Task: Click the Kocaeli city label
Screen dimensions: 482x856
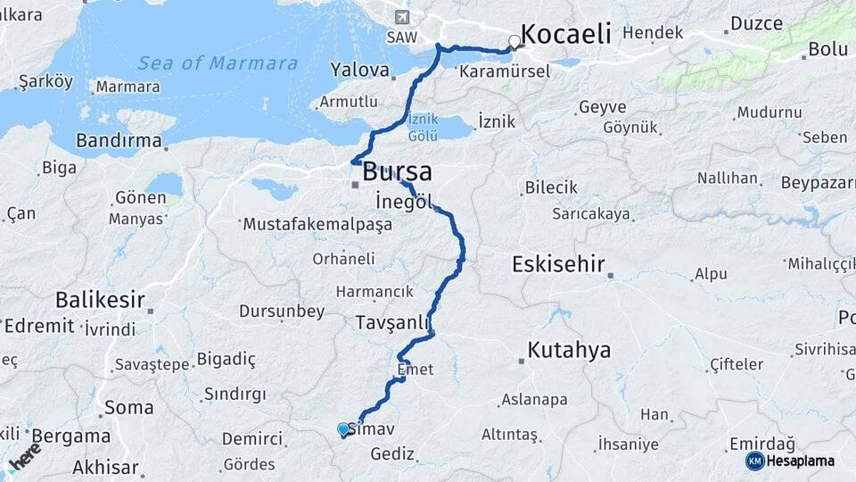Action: click(x=565, y=35)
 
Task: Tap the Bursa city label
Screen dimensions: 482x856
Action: click(x=397, y=171)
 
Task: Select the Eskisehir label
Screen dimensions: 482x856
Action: click(x=558, y=264)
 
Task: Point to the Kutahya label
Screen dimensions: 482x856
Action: click(x=569, y=350)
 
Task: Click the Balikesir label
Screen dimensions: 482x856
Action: click(x=100, y=299)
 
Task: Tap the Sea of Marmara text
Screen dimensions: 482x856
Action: click(x=218, y=63)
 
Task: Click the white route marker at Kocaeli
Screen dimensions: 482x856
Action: click(x=514, y=41)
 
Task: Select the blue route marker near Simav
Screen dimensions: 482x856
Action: click(x=343, y=429)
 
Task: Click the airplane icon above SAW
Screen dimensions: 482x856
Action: click(x=401, y=18)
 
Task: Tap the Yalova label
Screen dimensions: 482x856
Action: click(x=359, y=70)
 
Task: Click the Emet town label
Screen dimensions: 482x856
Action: click(x=415, y=369)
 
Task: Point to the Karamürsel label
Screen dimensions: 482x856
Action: click(x=505, y=71)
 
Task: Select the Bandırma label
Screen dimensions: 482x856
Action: click(x=119, y=141)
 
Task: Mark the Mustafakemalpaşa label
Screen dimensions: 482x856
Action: click(x=317, y=225)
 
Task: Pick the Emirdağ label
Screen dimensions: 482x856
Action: click(x=762, y=444)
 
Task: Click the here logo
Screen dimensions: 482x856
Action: click(x=24, y=456)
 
